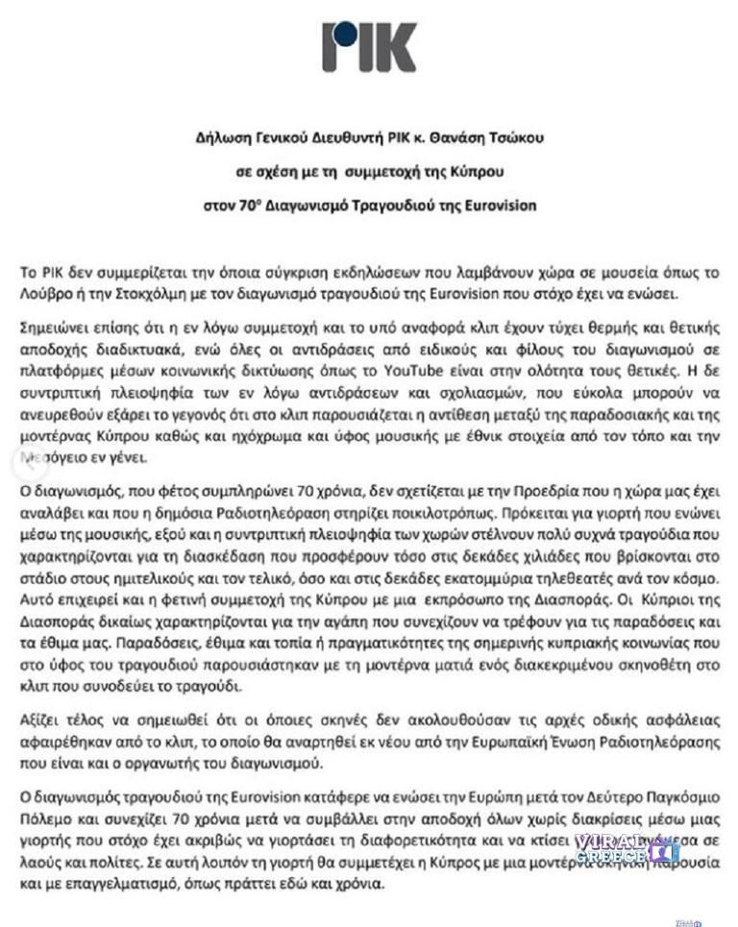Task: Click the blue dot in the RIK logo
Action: click(341, 36)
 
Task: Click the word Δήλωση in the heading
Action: click(217, 137)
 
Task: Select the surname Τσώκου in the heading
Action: click(517, 137)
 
